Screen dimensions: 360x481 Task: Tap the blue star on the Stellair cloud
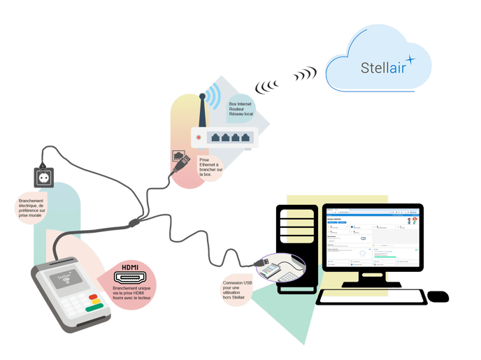pos(410,59)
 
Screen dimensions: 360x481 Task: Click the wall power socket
pos(43,178)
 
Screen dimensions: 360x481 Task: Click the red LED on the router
pos(199,138)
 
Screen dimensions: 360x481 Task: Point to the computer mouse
pos(438,297)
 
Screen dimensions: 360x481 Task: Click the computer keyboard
pos(371,297)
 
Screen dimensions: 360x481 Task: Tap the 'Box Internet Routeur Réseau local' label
pos(241,108)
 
